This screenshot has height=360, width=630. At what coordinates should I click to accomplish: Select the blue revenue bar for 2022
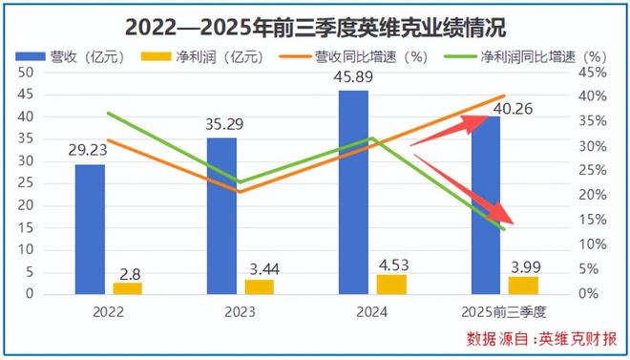coord(91,229)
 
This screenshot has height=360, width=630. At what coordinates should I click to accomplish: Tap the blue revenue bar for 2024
coord(354,192)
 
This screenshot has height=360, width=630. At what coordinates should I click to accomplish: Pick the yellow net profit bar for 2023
coord(259,286)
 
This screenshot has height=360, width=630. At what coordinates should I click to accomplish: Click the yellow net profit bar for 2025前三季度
coord(522,285)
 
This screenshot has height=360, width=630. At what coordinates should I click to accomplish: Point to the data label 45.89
coord(355,75)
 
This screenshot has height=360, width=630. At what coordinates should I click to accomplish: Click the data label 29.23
coord(91,150)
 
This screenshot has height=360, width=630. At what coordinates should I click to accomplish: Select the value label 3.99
coord(523,265)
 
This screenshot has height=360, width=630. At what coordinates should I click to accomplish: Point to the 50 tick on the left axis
coord(27,72)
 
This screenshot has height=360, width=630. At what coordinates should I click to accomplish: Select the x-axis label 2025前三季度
coord(505,312)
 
